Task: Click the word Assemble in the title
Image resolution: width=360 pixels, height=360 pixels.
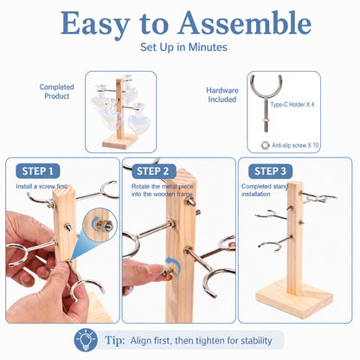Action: (245, 23)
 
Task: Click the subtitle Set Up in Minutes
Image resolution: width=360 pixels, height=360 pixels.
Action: (183, 47)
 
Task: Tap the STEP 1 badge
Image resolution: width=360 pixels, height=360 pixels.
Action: (38, 171)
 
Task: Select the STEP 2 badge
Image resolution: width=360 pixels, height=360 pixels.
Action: (153, 171)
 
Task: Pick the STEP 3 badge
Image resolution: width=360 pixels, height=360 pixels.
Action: (270, 171)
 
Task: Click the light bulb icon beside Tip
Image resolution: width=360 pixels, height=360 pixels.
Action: (86, 340)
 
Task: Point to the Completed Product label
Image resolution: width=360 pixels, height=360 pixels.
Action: (57, 92)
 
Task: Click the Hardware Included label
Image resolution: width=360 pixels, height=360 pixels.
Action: (222, 95)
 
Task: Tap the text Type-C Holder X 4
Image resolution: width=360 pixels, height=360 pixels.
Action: (292, 105)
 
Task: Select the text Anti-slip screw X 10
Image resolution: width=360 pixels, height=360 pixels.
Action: (295, 145)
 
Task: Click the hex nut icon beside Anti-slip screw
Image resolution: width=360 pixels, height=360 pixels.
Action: (265, 145)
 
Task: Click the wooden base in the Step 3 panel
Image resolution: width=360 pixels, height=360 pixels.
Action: (294, 300)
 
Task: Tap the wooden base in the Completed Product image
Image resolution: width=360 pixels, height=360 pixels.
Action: (120, 141)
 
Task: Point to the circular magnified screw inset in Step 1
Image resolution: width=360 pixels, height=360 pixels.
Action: (100, 224)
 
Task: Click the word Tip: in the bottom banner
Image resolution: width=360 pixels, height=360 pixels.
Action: (115, 340)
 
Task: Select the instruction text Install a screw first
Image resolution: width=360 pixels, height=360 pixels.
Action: (42, 186)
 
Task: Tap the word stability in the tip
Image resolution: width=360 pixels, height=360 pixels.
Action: (256, 341)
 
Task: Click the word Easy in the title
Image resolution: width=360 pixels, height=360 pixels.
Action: (95, 24)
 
